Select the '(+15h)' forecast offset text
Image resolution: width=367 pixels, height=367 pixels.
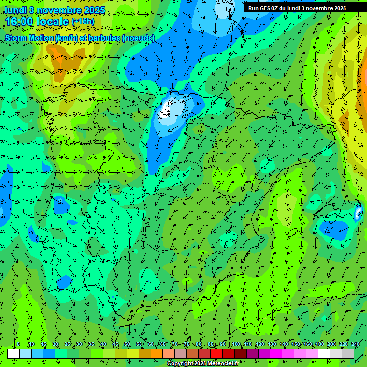[x=83, y=22]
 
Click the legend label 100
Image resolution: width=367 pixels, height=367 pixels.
[x=236, y=344]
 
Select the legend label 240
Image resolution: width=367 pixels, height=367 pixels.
[x=356, y=344]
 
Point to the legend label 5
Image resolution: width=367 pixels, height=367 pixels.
[x=18, y=344]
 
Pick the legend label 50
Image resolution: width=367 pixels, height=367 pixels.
[x=127, y=344]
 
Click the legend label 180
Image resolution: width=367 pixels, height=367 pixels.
[x=319, y=344]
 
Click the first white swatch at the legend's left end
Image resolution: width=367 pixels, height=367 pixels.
[x=13, y=354]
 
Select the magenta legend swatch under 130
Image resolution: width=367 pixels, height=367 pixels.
[x=276, y=354]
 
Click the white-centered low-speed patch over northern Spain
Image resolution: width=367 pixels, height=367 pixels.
[x=171, y=108]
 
